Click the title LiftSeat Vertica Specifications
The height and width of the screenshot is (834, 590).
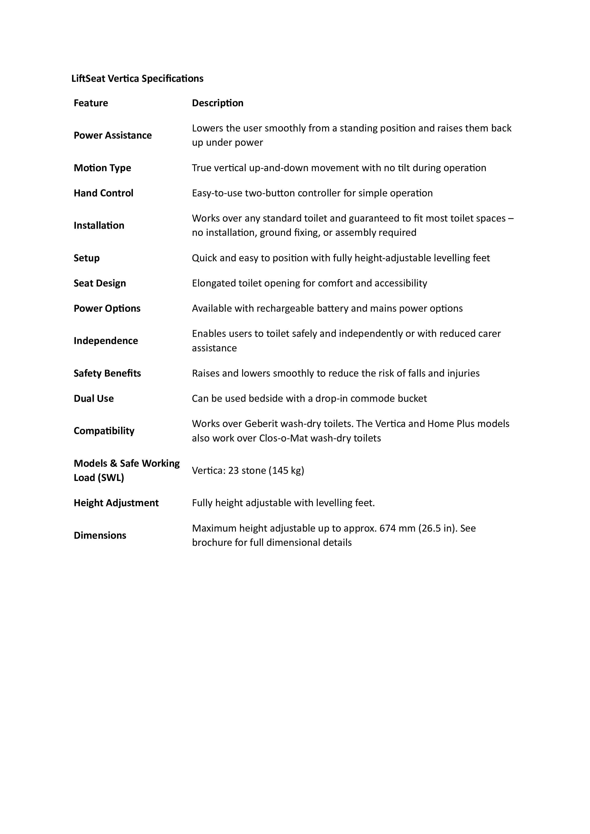pos(137,78)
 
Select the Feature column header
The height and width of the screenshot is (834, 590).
pos(91,103)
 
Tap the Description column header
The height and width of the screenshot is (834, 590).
pos(218,103)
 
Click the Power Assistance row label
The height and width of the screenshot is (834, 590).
pos(113,136)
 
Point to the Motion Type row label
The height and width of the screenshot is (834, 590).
pos(102,168)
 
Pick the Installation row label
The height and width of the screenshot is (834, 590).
pos(99,226)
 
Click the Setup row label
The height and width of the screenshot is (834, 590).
pos(87,258)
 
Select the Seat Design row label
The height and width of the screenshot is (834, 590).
pos(100,283)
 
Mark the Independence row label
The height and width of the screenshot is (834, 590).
pos(106,341)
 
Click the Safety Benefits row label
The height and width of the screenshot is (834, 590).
pos(107,373)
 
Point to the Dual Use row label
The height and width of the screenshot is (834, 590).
pos(94,398)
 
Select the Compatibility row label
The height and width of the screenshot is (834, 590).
pos(104,431)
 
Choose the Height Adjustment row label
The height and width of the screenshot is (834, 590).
pos(116,503)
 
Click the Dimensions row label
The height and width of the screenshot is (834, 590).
pos(100,535)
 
